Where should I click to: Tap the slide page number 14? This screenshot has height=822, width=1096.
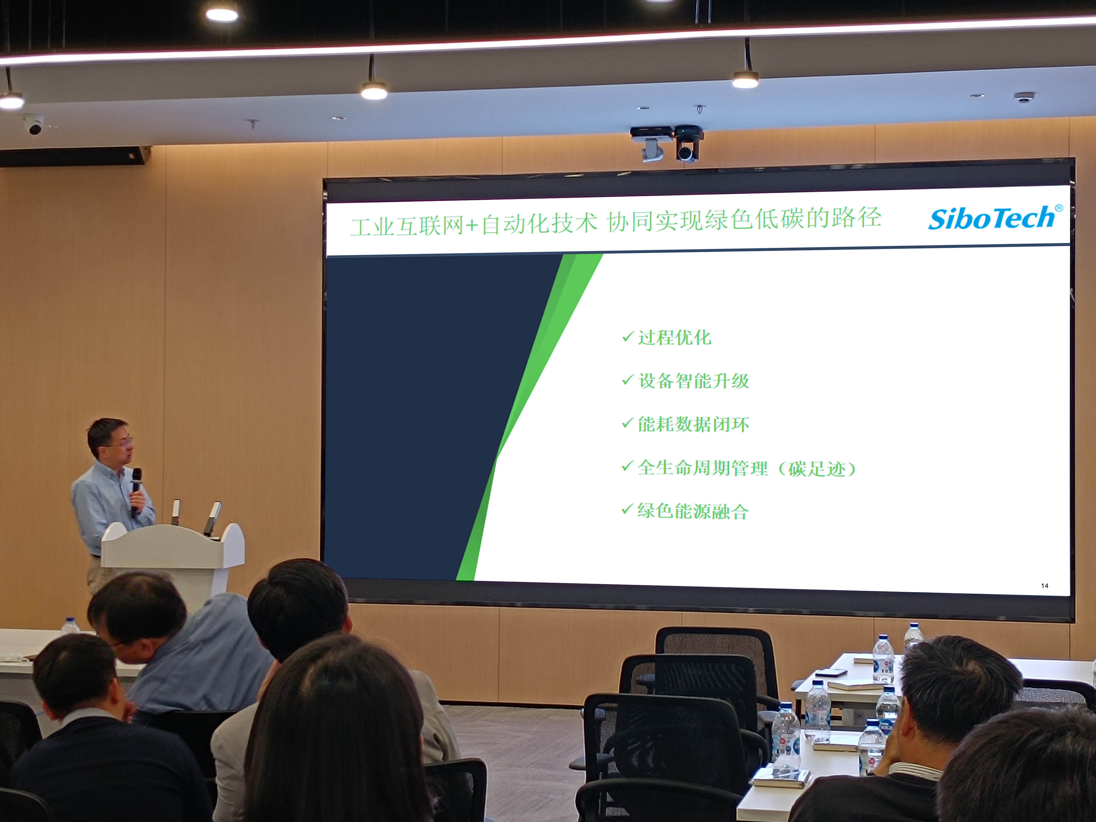coord(1044,586)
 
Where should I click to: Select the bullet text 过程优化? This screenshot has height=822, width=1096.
coord(674,337)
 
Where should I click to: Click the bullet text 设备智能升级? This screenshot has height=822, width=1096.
coord(693,380)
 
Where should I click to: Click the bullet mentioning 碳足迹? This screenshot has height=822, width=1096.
coord(747,468)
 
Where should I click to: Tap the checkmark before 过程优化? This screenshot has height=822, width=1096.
coord(628,337)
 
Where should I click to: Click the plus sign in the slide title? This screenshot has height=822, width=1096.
coord(472,226)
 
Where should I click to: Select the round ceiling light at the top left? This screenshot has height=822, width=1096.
coord(222,15)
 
